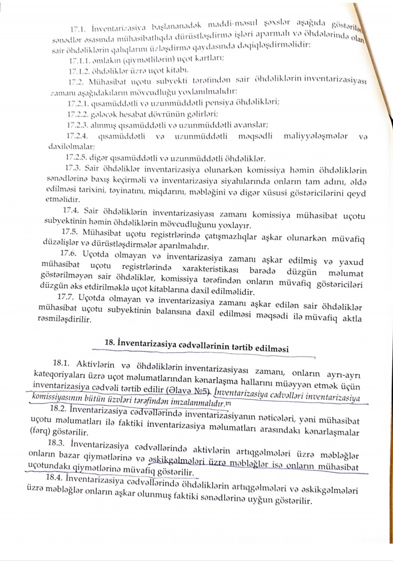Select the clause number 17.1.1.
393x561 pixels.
[79, 59]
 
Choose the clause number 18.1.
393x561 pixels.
[62, 363]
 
